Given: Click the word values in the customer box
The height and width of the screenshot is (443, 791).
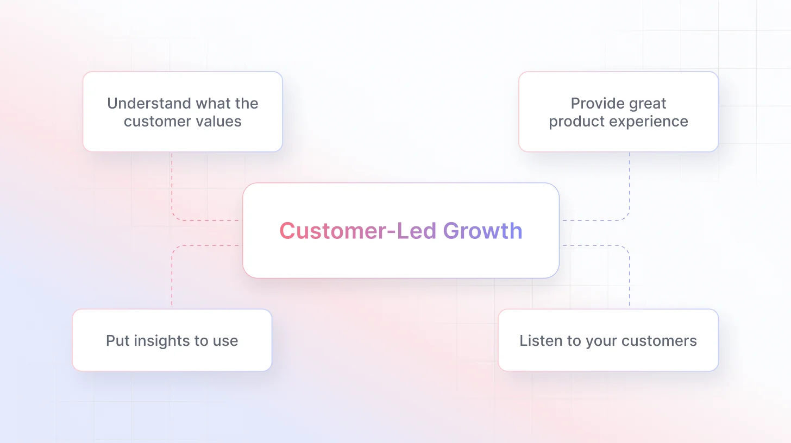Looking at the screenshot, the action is click(x=219, y=121).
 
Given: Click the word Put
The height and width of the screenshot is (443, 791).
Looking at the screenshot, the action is click(x=117, y=341).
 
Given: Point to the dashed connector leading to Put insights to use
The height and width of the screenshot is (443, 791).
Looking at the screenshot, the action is click(x=172, y=277).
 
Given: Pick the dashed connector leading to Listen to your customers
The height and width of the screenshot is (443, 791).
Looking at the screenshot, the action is click(x=629, y=277).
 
